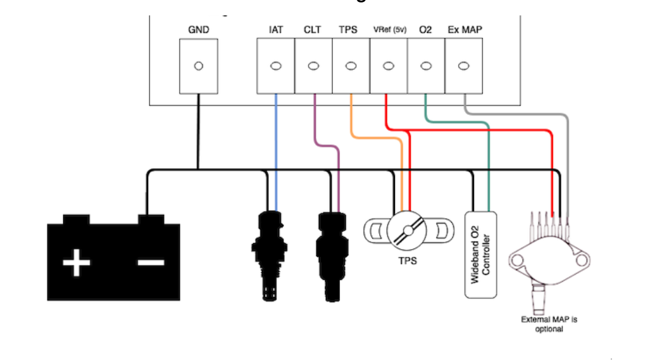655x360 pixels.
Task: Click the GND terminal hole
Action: click(x=199, y=66)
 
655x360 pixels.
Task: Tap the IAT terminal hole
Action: click(x=276, y=66)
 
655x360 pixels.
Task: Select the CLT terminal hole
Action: click(x=313, y=66)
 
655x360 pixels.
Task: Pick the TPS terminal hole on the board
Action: click(x=350, y=66)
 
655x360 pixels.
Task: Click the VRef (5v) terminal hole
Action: click(x=388, y=66)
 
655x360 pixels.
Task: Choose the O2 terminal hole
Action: click(x=425, y=66)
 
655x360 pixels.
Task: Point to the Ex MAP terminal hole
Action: click(x=463, y=66)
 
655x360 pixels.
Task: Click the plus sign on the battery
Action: click(x=76, y=263)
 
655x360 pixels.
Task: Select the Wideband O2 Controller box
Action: click(x=481, y=254)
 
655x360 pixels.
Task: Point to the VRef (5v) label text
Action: click(x=388, y=30)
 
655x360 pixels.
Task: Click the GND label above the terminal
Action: click(x=199, y=30)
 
